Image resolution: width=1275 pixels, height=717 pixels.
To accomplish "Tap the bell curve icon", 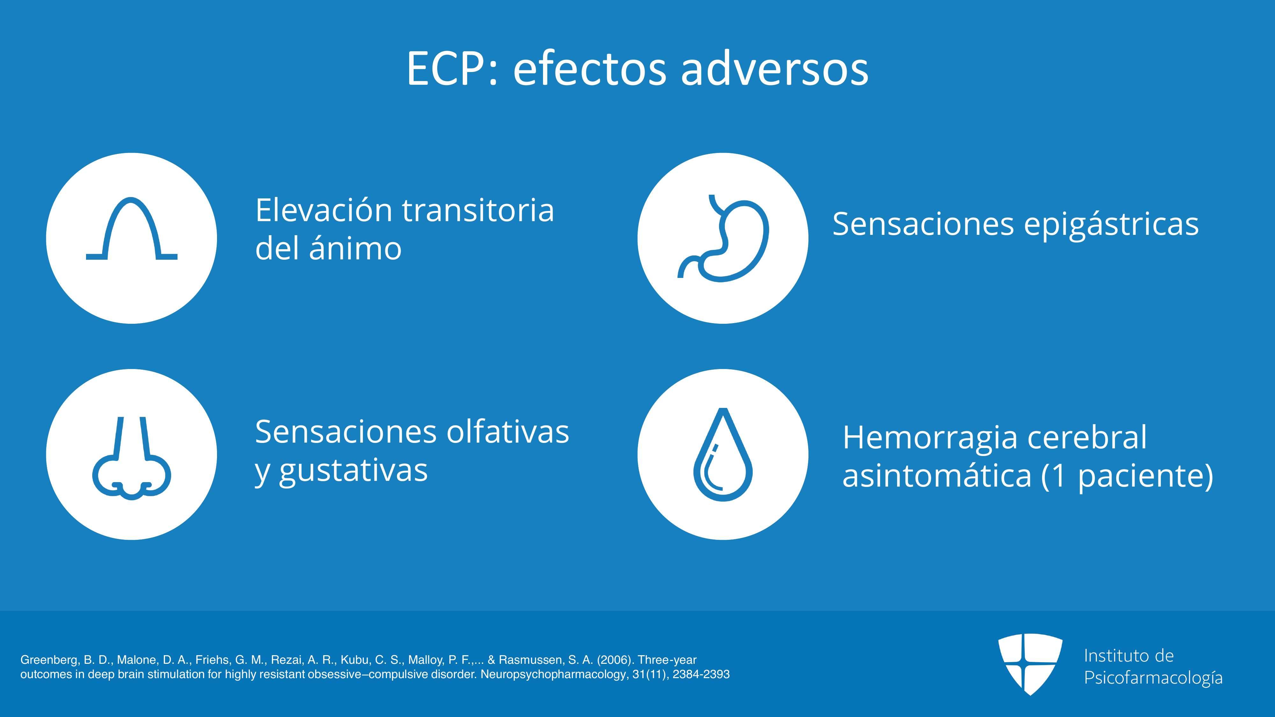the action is (132, 228).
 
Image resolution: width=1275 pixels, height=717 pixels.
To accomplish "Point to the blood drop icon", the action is (723, 454).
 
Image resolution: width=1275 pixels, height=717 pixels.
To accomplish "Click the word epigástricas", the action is (1111, 224).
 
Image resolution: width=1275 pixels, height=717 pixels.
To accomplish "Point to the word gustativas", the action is (353, 472).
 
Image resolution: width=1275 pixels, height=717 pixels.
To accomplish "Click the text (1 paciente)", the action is (1127, 476).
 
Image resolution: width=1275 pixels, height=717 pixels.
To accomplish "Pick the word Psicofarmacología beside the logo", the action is (1153, 678).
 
